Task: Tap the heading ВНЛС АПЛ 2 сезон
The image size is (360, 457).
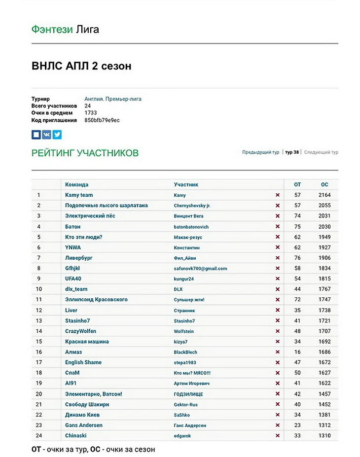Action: click(x=81, y=66)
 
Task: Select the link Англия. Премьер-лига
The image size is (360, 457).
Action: click(x=113, y=99)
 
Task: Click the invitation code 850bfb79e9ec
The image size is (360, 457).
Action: click(x=102, y=120)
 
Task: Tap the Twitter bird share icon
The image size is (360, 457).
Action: click(x=57, y=134)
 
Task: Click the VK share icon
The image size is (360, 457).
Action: click(x=46, y=134)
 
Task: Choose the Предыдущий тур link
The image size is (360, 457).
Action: click(x=260, y=152)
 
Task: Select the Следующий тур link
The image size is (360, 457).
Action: click(x=321, y=152)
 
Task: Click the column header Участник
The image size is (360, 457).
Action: click(x=186, y=184)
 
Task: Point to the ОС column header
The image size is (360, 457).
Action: click(x=324, y=184)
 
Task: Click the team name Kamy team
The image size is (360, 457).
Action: click(x=79, y=195)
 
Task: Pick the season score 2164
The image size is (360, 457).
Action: click(x=324, y=195)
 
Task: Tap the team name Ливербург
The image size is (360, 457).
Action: click(x=79, y=258)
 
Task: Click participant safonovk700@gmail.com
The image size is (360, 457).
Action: click(x=200, y=269)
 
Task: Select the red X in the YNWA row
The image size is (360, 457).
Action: click(x=278, y=247)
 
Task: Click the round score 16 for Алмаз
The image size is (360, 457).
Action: click(x=297, y=352)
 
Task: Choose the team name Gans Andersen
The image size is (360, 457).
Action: click(x=84, y=425)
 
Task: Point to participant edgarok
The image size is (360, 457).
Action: click(x=182, y=436)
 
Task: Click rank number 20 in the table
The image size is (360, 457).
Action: click(x=39, y=394)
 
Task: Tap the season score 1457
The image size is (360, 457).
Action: click(x=324, y=394)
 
